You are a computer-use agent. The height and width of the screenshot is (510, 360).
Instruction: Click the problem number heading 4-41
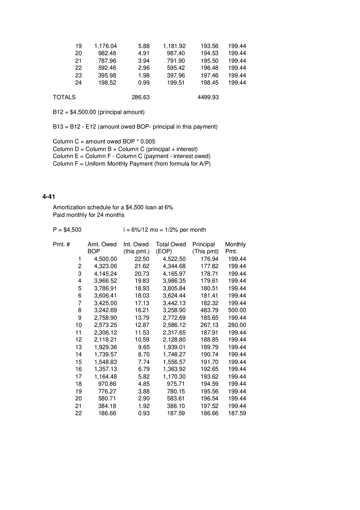pyautogui.click(x=49, y=197)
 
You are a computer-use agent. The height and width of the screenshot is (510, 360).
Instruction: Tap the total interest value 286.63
pyautogui.click(x=140, y=97)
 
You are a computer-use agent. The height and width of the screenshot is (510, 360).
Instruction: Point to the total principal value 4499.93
pyautogui.click(x=208, y=97)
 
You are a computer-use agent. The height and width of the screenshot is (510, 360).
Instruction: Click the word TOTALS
pyautogui.click(x=64, y=97)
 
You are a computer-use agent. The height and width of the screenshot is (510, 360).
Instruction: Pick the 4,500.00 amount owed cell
pyautogui.click(x=105, y=259)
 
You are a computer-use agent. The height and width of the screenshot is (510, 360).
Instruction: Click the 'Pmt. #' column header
pyautogui.click(x=61, y=244)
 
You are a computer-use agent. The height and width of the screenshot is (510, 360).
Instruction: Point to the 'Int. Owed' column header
pyautogui.click(x=136, y=244)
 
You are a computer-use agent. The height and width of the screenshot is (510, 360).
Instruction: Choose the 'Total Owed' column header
pyautogui.click(x=171, y=244)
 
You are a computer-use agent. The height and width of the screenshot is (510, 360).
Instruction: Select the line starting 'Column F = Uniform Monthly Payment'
pyautogui.click(x=131, y=164)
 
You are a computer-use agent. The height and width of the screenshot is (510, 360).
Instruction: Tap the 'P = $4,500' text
pyautogui.click(x=67, y=230)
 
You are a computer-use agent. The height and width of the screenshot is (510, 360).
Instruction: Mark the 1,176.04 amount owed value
pyautogui.click(x=105, y=46)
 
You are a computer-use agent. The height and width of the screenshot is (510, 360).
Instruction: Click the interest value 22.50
pyautogui.click(x=142, y=259)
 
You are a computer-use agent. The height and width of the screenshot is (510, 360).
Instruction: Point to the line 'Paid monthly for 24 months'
pyautogui.click(x=88, y=215)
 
